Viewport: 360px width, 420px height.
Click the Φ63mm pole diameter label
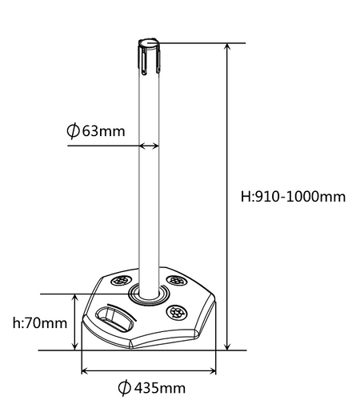pos(96,131)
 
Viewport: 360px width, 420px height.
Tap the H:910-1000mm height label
pos(293,197)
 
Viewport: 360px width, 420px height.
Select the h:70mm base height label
pos(40,323)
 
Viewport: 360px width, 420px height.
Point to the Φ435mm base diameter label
pos(152,388)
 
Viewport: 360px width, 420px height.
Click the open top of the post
pos(149,44)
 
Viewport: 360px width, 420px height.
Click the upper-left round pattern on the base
pos(121,281)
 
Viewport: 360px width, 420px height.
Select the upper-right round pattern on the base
pos(177,281)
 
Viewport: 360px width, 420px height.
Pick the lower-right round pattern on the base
pos(177,312)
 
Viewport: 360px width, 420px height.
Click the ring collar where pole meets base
pos(149,295)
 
